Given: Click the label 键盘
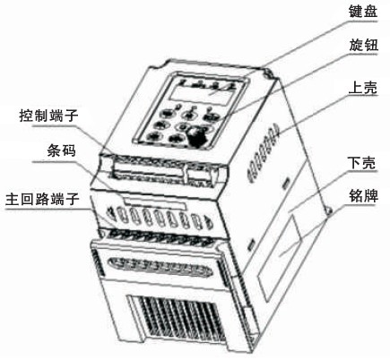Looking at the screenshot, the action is click(363, 12).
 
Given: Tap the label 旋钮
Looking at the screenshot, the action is click(363, 46).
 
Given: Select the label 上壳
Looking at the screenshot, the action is click(363, 88).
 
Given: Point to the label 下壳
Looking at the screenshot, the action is click(362, 163).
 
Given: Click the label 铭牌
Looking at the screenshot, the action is click(363, 196).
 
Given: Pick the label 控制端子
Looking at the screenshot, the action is click(48, 116).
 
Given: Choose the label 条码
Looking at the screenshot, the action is click(61, 150).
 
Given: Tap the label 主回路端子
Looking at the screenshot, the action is click(42, 199).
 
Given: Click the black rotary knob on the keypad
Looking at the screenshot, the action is click(198, 136).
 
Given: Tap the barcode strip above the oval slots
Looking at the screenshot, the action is click(154, 205).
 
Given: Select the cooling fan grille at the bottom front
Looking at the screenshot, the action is click(177, 319).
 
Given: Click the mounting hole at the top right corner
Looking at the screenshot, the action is click(267, 73).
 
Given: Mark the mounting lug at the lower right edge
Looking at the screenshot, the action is click(330, 211).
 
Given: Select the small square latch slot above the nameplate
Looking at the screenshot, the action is click(286, 183).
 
